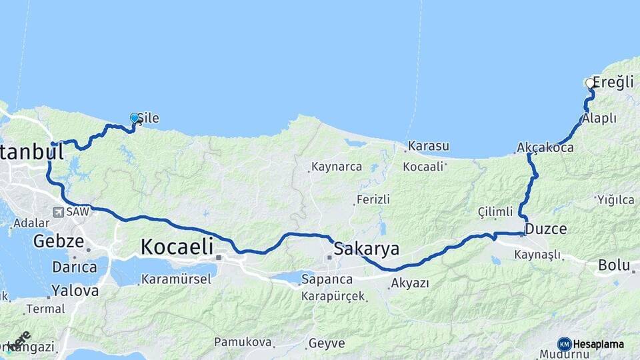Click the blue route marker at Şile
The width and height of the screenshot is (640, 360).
point(135,118)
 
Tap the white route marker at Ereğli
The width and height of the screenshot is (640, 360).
point(589,83)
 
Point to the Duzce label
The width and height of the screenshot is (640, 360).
point(546,229)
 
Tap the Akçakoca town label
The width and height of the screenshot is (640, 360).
point(545,147)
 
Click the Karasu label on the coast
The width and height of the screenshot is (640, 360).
point(428,145)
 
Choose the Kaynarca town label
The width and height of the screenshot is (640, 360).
point(337,167)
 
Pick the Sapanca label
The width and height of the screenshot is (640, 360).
point(327,278)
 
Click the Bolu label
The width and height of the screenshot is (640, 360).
point(613,265)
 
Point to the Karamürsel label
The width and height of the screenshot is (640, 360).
point(179,278)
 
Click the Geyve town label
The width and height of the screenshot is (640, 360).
point(326,344)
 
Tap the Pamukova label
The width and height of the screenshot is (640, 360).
point(243,342)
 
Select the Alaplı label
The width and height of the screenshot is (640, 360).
point(599,118)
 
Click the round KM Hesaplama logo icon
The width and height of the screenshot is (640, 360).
point(564,344)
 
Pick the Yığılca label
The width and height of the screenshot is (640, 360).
point(615,199)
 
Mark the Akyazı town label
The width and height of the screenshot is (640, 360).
point(410,283)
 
